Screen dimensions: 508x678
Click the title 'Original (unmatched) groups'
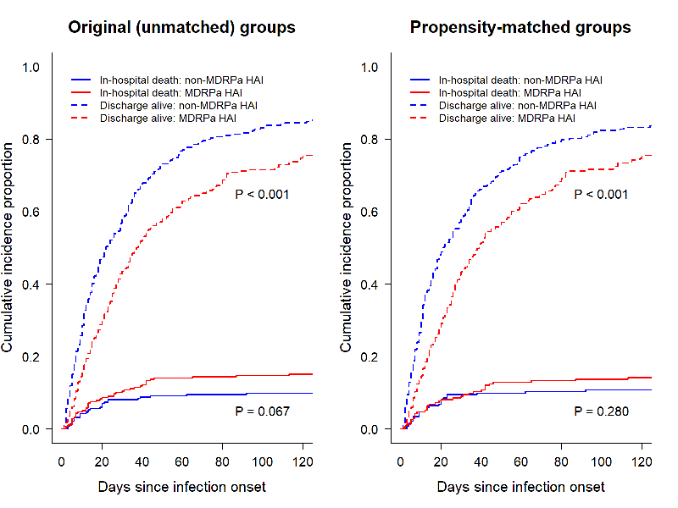click(182, 27)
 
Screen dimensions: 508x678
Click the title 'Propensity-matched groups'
click(520, 27)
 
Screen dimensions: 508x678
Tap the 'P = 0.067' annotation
click(263, 411)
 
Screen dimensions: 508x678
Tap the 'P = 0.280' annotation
click(602, 411)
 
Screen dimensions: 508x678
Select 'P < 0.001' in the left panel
click(263, 195)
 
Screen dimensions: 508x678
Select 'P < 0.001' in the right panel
click(602, 195)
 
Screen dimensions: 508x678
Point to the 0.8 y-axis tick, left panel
click(31, 139)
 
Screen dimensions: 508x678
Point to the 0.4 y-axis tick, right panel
click(370, 284)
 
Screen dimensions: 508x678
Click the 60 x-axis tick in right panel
click(521, 462)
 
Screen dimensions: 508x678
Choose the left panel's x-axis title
click(182, 487)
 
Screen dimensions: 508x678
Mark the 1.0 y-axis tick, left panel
click(31, 66)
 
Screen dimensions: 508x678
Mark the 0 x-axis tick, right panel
click(401, 462)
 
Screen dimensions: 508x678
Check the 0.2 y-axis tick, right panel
click(370, 357)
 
